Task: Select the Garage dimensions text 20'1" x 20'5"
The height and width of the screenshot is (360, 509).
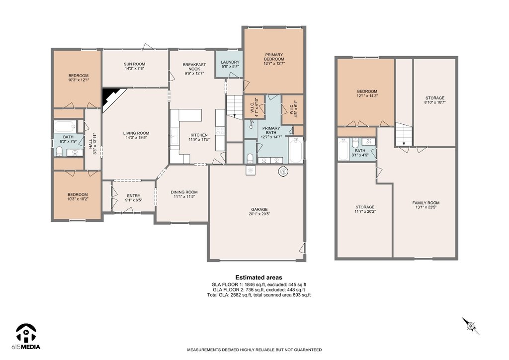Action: [x=259, y=214]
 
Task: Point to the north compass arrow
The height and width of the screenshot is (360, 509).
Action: [x=471, y=326]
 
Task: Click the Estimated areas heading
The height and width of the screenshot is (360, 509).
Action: [x=258, y=277]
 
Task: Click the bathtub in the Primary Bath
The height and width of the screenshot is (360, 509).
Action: [x=296, y=150]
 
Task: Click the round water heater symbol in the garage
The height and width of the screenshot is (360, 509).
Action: [x=283, y=172]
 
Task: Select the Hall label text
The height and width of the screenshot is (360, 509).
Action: [x=90, y=144]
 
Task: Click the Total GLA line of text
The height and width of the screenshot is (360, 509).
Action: [x=258, y=295]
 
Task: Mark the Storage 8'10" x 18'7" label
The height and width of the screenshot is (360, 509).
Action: [x=435, y=100]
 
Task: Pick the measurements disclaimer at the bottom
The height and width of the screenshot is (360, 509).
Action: [x=254, y=350]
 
